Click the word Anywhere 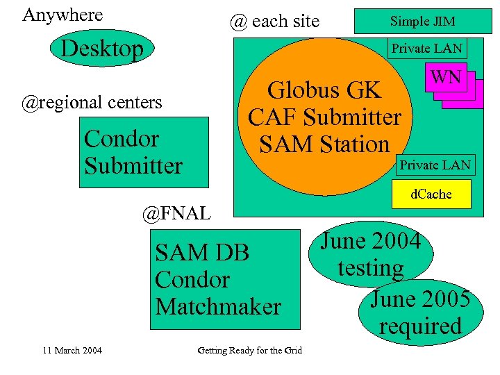[62, 15]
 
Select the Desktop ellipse [102, 49]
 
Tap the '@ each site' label [274, 22]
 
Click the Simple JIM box [422, 22]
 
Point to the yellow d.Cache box [431, 194]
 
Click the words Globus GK [324, 90]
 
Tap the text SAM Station [324, 144]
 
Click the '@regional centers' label [92, 103]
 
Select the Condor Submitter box [143, 152]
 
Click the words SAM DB [202, 252]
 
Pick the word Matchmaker [218, 306]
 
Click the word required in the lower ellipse [420, 326]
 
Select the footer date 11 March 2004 [72, 350]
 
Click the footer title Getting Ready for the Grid [250, 350]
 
